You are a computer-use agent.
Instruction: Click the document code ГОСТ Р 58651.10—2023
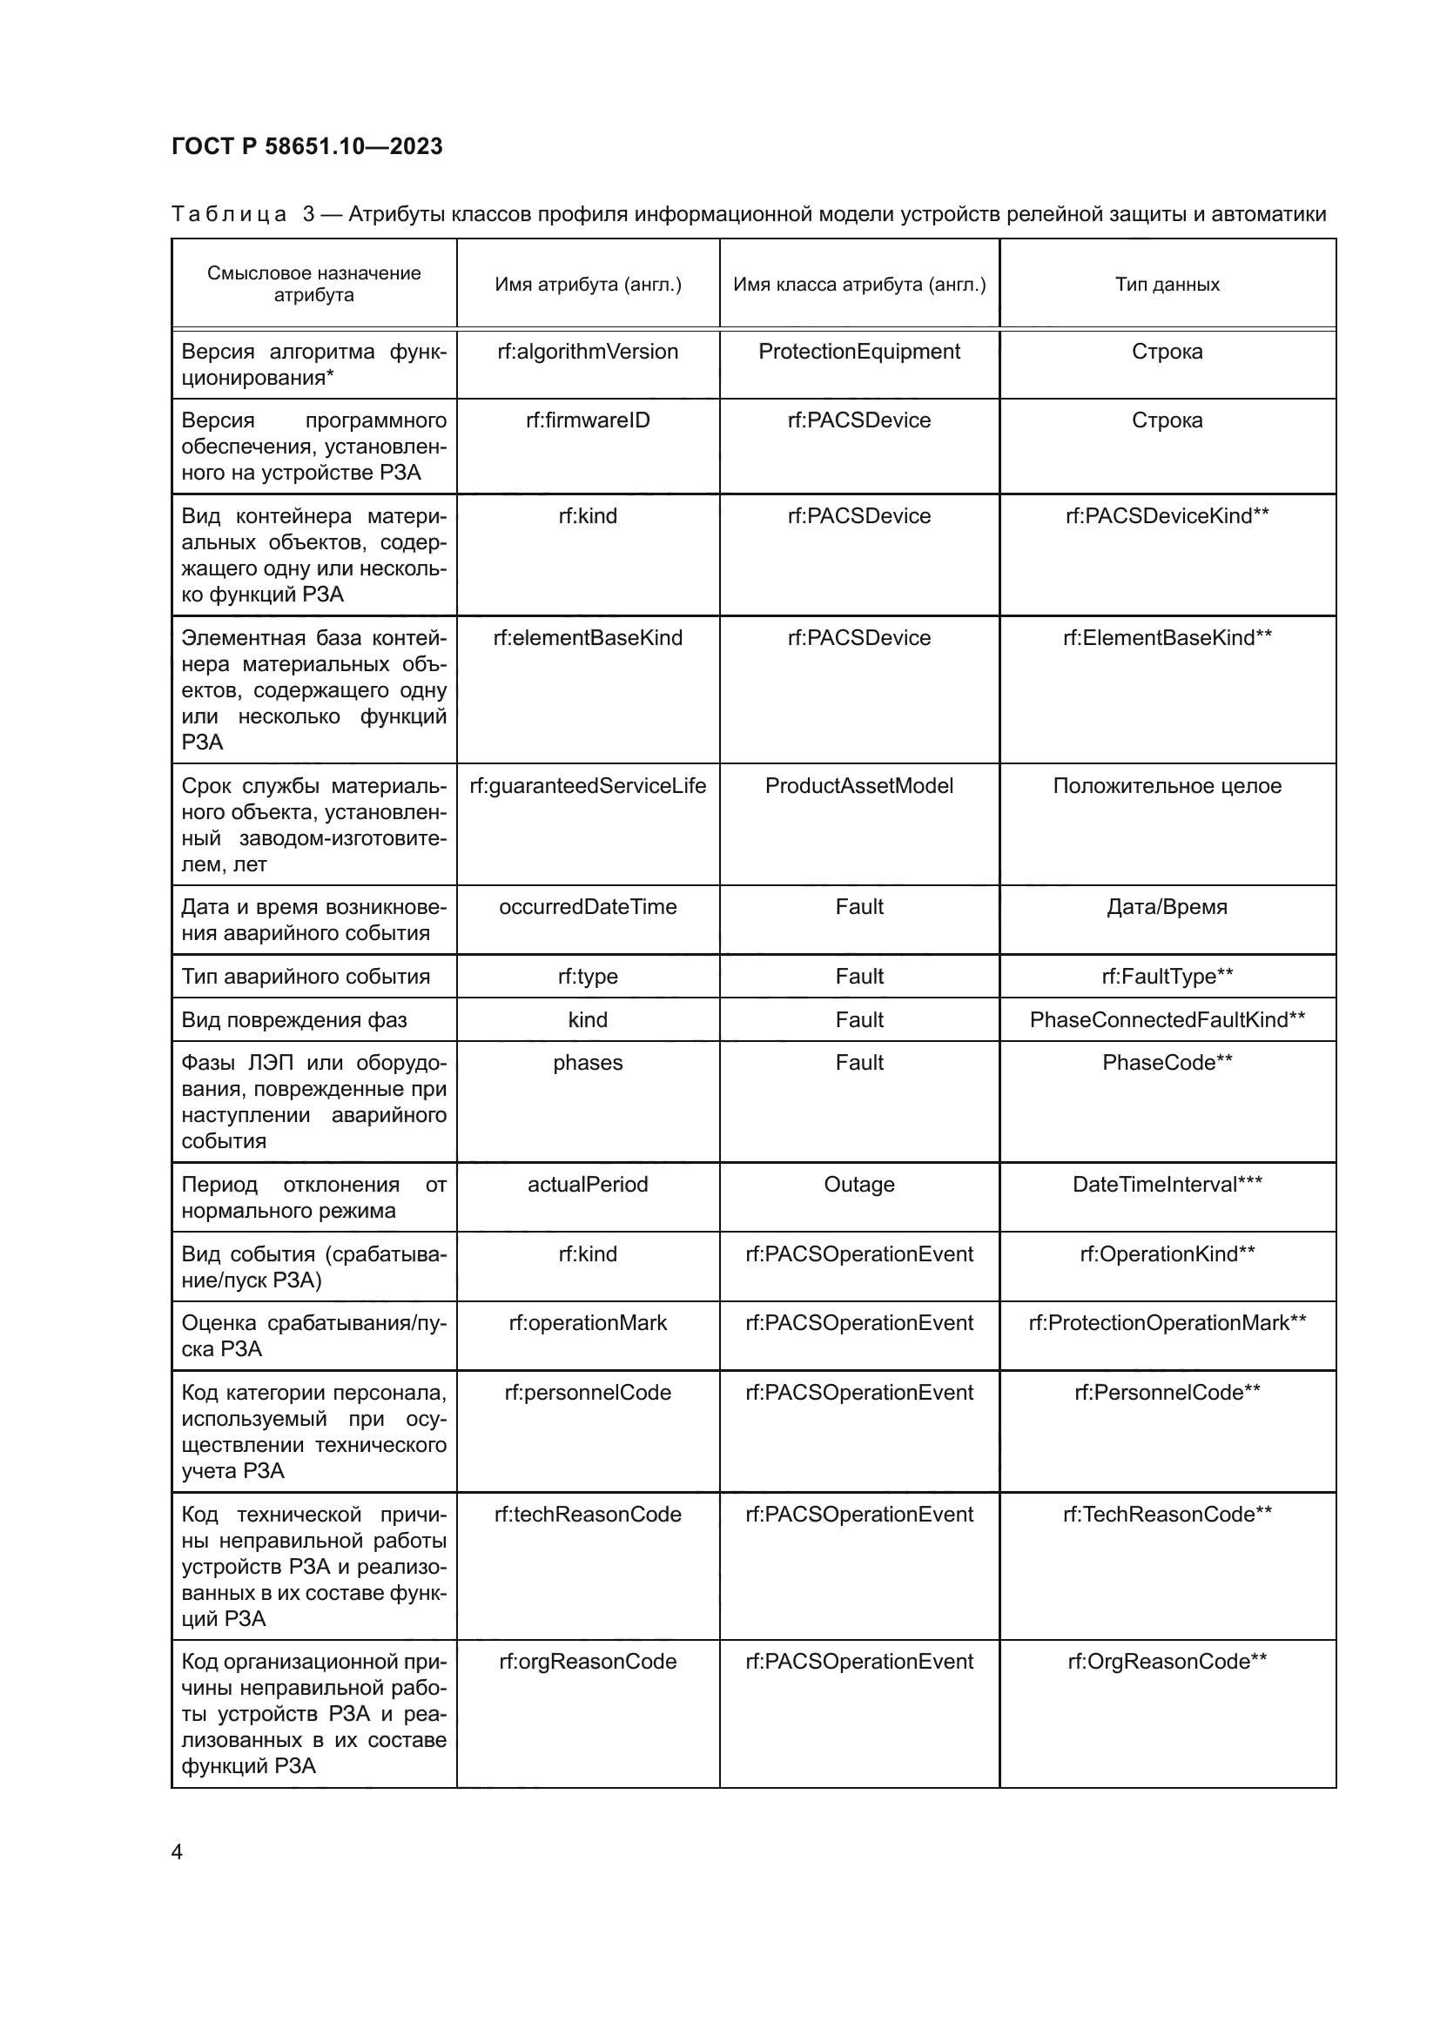pos(306,146)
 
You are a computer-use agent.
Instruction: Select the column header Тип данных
pos(1167,285)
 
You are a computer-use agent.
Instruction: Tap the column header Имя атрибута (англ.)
pos(588,285)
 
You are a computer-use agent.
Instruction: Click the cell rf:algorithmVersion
pos(588,352)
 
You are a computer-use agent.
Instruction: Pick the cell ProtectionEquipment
pos(858,352)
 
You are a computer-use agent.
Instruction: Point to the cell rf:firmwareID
pos(588,420)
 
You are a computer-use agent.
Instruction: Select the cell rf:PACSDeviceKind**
pos(1167,516)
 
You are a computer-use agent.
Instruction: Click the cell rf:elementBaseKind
pos(588,637)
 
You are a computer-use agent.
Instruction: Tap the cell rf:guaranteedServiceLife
pos(588,786)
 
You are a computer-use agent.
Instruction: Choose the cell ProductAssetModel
pos(858,786)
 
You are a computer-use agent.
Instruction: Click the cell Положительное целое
pos(1167,786)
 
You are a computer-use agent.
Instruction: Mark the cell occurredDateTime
pos(588,907)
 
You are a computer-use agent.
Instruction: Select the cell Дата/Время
pos(1167,907)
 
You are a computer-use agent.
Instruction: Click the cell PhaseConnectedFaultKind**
pos(1167,1020)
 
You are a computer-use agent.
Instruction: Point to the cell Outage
pos(858,1185)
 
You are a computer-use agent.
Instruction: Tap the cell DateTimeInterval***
pos(1167,1185)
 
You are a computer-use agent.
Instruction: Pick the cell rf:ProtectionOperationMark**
pos(1167,1323)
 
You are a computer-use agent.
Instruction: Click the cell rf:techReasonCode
pos(588,1515)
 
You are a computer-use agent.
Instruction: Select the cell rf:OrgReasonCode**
pos(1167,1662)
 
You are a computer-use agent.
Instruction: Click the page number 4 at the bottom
pos(177,1851)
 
